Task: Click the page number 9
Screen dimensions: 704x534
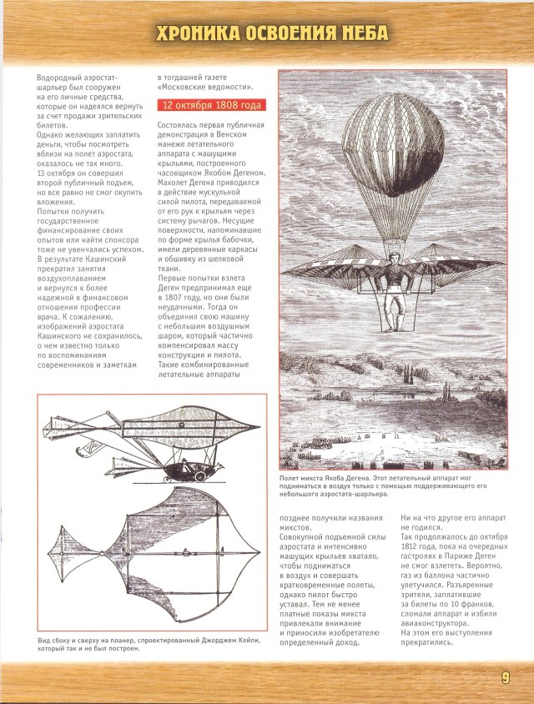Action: tap(506, 676)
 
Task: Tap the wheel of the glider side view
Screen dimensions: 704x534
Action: tap(201, 476)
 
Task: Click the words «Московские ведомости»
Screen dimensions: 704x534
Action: tap(205, 88)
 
